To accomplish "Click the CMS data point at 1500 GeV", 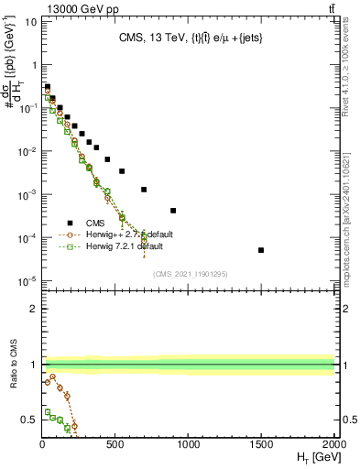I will click(261, 250).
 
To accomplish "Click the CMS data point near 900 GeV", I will click(173, 211).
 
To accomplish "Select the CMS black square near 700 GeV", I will click(144, 190).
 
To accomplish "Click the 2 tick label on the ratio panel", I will click(33, 309).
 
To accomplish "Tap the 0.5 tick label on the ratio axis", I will click(28, 420).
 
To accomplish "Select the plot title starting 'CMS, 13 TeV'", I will click(189, 39).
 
